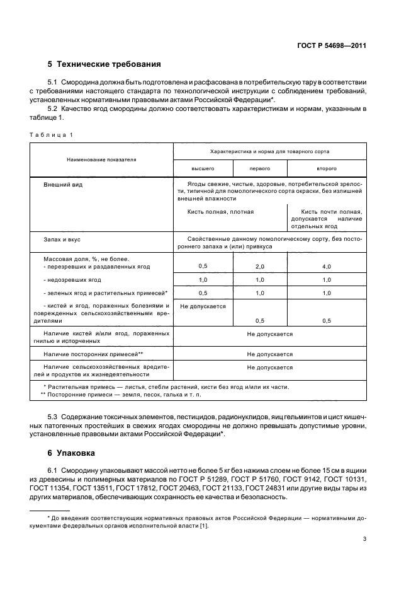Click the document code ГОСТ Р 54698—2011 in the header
[x=331, y=46]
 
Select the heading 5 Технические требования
[x=104, y=64]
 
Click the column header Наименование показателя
[x=101, y=159]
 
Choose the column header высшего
[x=203, y=169]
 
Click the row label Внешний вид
[x=62, y=185]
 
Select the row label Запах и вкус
[x=62, y=240]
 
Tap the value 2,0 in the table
[x=260, y=267]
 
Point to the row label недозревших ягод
[x=72, y=279]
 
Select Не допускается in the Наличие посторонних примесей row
[x=269, y=354]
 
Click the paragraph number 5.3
[x=55, y=417]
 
